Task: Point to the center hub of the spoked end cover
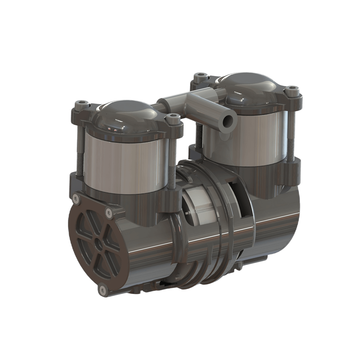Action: coord(97,242)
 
